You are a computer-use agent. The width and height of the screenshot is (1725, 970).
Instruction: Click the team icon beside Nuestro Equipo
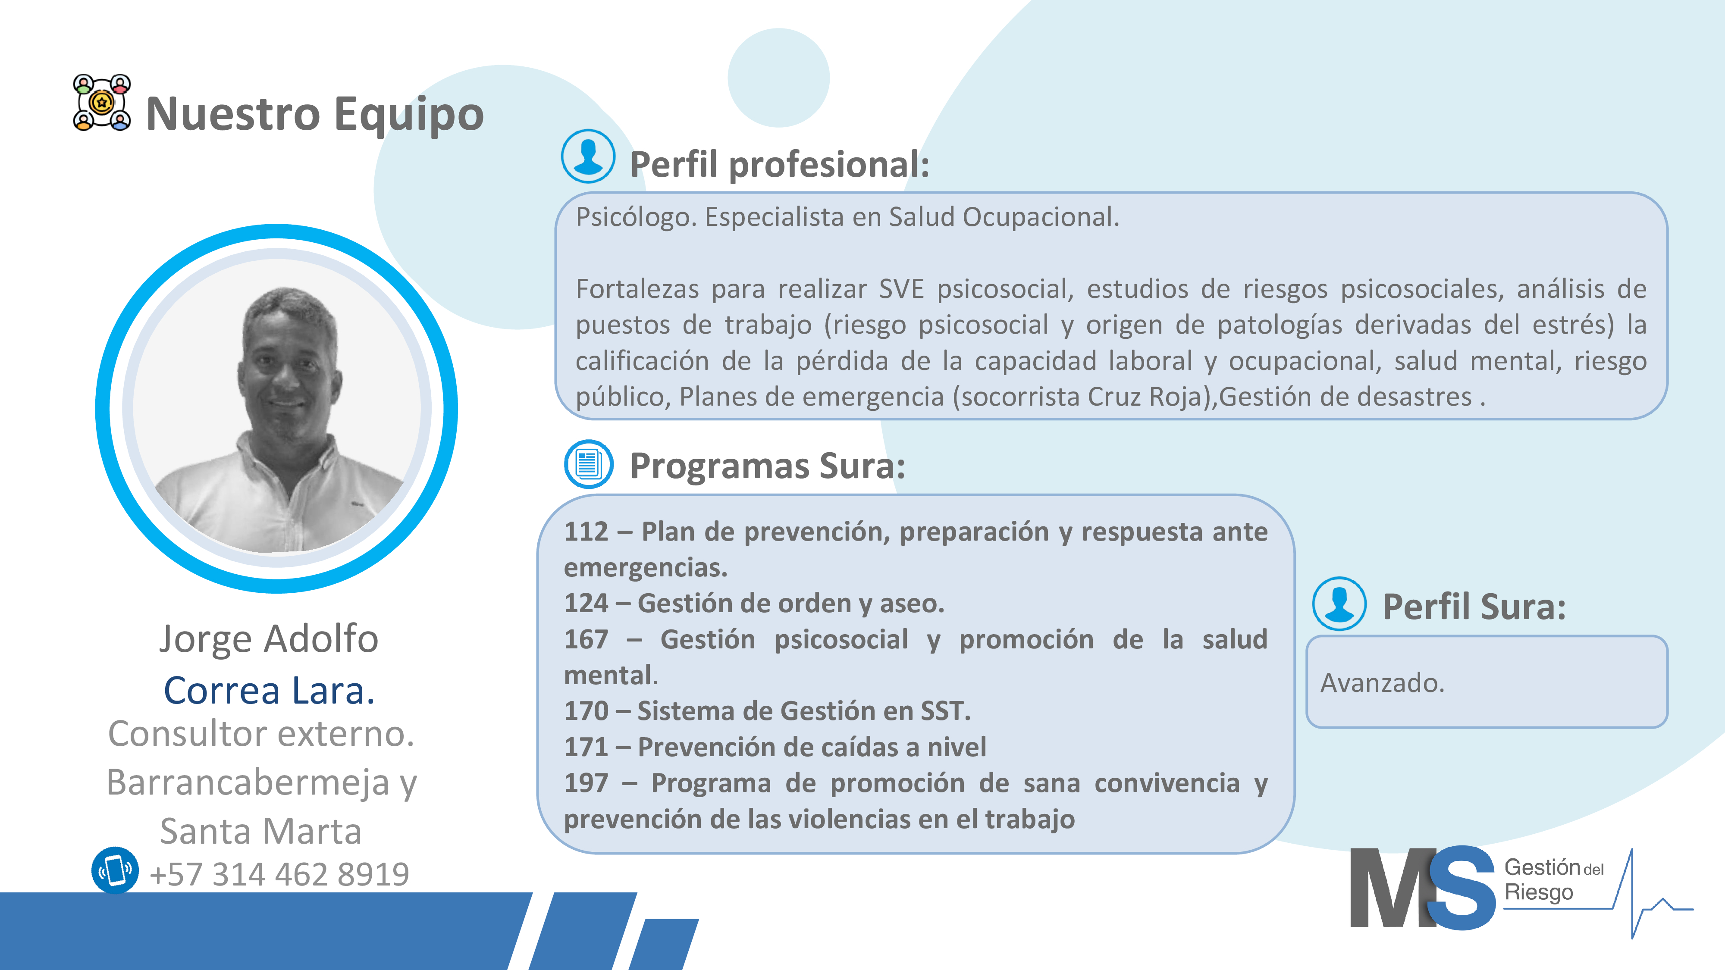(x=102, y=103)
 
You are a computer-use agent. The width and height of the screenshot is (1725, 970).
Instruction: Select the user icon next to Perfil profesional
(x=588, y=156)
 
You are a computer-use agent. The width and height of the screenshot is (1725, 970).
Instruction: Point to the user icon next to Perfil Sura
(x=1339, y=604)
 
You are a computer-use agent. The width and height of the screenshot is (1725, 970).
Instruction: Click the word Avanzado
(x=1382, y=683)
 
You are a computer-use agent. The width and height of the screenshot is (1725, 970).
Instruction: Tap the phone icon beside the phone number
(x=115, y=870)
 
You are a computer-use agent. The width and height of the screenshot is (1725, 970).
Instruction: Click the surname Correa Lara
(x=269, y=690)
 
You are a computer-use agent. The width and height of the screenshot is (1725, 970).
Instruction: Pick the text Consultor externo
(x=261, y=734)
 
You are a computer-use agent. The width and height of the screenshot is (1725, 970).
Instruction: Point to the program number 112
(x=586, y=532)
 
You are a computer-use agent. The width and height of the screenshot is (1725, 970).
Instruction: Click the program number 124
(x=586, y=603)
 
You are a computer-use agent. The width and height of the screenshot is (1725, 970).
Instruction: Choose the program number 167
(x=586, y=639)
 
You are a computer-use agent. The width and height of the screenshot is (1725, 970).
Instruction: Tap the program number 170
(x=586, y=711)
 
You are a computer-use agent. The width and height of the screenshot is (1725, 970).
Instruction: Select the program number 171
(x=586, y=747)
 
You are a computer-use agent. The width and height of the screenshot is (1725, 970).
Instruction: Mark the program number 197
(x=586, y=783)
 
